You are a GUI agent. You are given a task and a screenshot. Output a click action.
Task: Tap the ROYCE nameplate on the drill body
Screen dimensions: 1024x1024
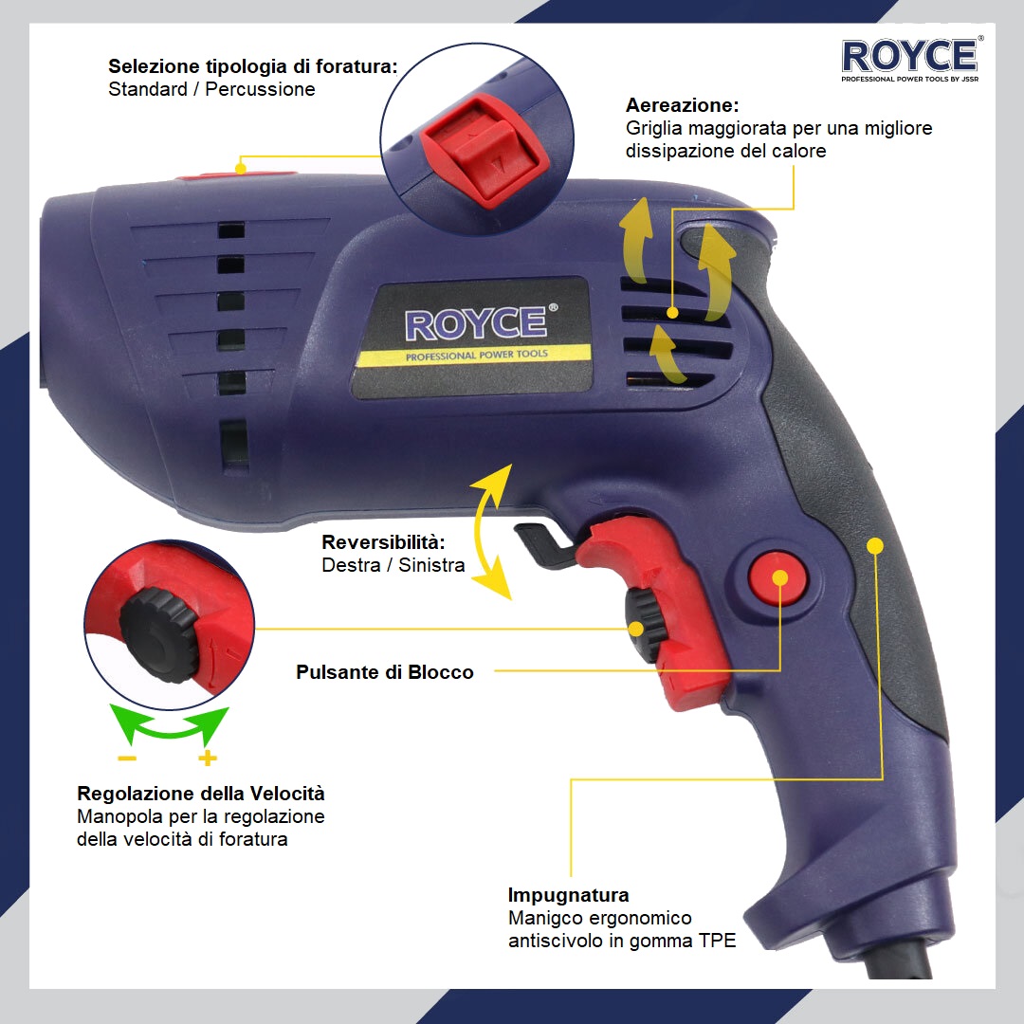point(471,338)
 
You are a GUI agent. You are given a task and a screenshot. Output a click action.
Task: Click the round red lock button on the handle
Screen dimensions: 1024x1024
point(777,578)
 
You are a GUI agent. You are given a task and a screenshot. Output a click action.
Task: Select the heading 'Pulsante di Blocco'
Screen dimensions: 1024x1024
point(385,672)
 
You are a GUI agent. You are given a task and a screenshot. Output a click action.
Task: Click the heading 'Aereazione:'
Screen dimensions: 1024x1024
point(682,105)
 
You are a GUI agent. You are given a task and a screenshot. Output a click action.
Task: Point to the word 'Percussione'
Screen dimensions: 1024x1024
point(260,89)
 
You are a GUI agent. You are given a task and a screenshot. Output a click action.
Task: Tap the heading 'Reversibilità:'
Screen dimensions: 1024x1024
point(383,542)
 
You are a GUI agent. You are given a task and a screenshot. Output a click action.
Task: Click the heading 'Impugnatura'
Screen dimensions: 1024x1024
point(568,895)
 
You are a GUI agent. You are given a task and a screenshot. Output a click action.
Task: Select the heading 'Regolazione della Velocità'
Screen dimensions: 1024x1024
point(200,794)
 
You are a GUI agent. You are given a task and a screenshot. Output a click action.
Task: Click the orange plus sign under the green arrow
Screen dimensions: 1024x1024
point(207,759)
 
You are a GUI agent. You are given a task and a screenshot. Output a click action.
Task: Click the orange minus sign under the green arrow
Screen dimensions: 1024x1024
point(127,759)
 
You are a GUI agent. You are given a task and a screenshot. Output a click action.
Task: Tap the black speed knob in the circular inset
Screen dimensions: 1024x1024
point(158,634)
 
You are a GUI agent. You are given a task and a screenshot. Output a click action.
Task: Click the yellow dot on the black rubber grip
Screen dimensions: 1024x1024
point(875,545)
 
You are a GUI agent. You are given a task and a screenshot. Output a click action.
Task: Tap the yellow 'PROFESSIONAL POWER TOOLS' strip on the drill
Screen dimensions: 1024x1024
point(475,356)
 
